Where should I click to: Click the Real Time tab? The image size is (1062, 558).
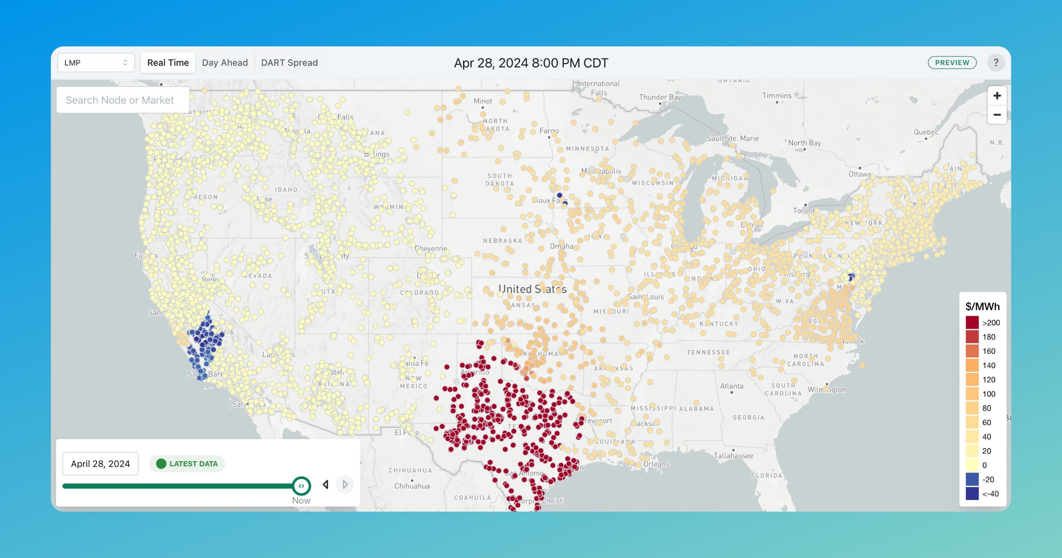[168, 63]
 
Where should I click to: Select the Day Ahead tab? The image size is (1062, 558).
[225, 63]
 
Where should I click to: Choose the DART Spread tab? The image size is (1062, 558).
[289, 63]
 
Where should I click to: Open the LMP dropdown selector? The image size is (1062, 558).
[96, 63]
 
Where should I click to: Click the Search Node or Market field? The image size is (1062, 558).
[123, 100]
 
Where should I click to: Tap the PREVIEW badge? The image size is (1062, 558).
[952, 63]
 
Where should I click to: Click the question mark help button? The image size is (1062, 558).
[996, 63]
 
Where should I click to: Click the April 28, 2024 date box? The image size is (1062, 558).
[100, 464]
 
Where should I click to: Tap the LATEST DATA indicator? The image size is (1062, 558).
[187, 464]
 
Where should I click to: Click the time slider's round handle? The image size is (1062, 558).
[301, 486]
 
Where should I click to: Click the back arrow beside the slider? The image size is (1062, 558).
[326, 484]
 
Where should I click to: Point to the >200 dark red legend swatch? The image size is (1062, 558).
[972, 322]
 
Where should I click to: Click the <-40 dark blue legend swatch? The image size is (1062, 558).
[972, 494]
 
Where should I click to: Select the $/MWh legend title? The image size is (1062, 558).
[982, 306]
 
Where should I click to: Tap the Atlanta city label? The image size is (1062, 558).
[731, 386]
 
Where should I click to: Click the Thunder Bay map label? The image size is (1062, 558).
[660, 97]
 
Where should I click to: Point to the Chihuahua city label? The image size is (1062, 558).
[412, 486]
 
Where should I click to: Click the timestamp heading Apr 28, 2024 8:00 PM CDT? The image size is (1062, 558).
[531, 63]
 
